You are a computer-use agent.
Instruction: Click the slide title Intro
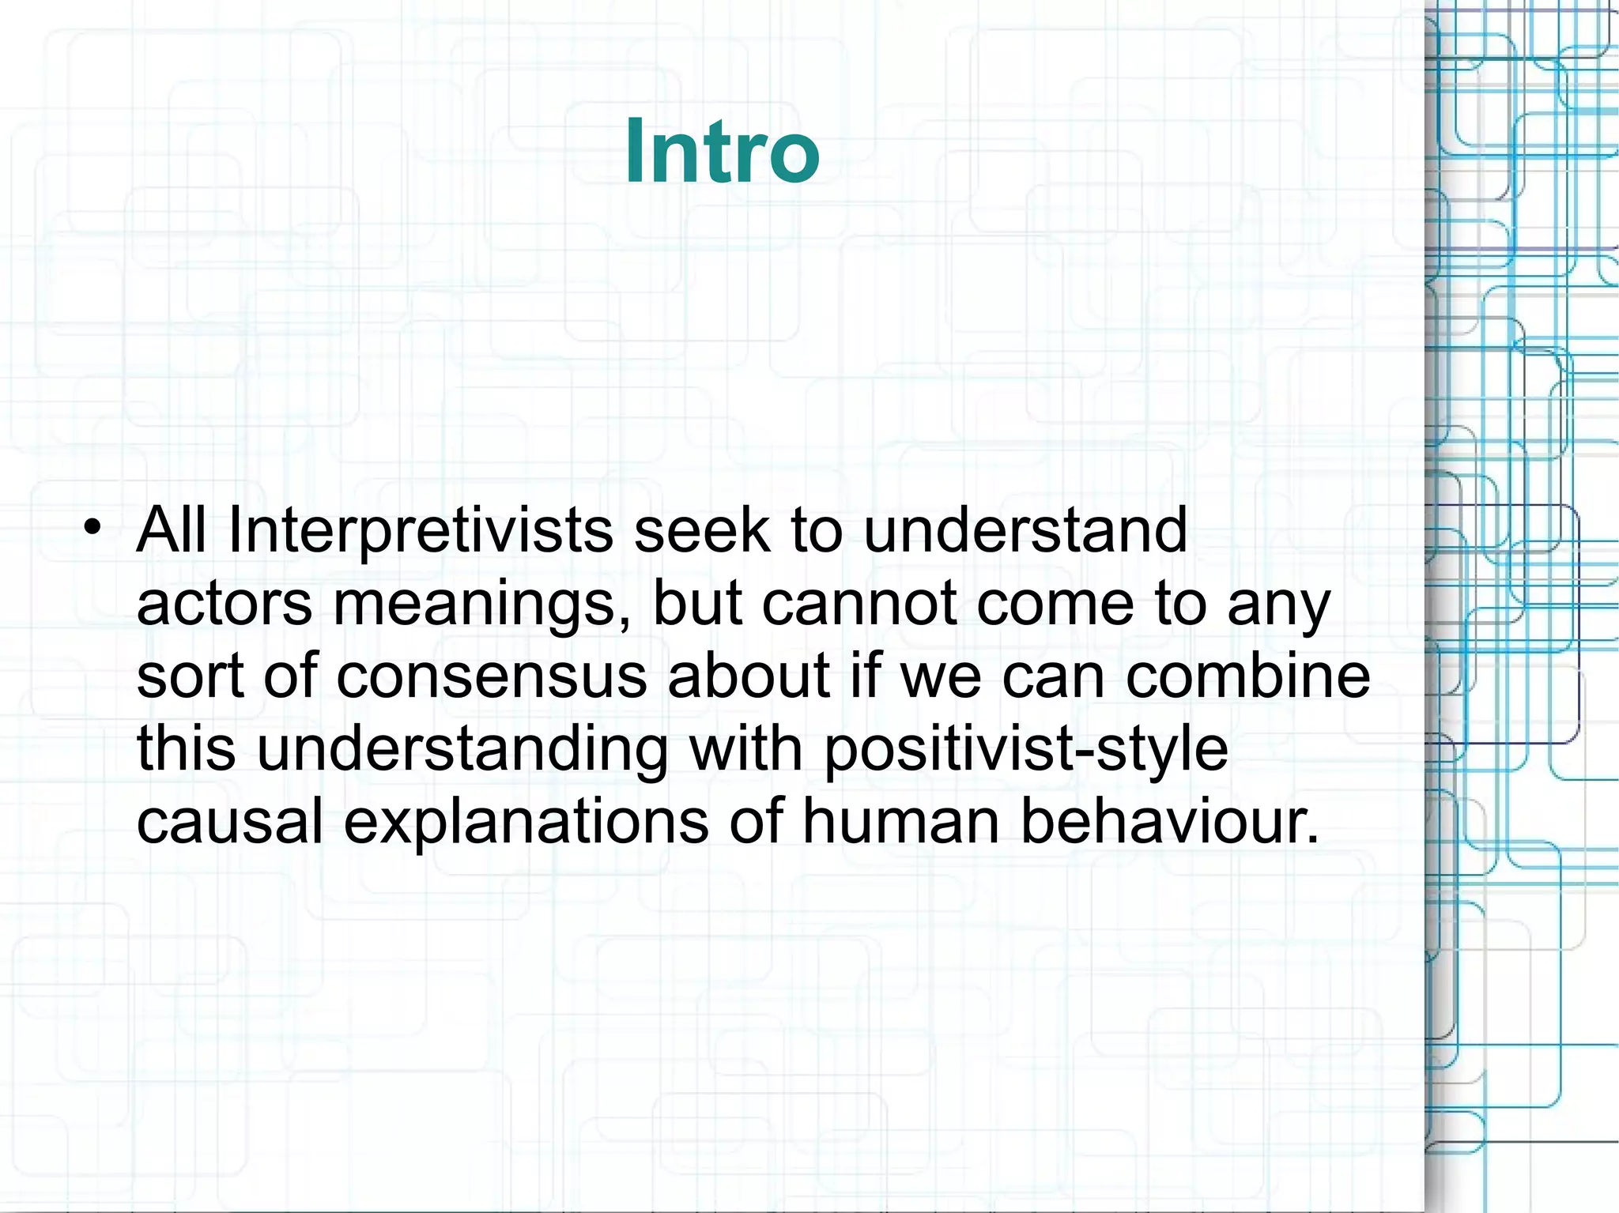[x=722, y=152]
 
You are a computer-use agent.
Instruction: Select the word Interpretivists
[x=420, y=529]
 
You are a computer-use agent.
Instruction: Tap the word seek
[x=701, y=529]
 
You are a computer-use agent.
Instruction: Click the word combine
[x=1247, y=676]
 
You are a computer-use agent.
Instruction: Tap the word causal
[x=229, y=820]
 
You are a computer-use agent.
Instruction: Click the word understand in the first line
[x=1025, y=529]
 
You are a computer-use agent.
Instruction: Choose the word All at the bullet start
[x=172, y=529]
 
